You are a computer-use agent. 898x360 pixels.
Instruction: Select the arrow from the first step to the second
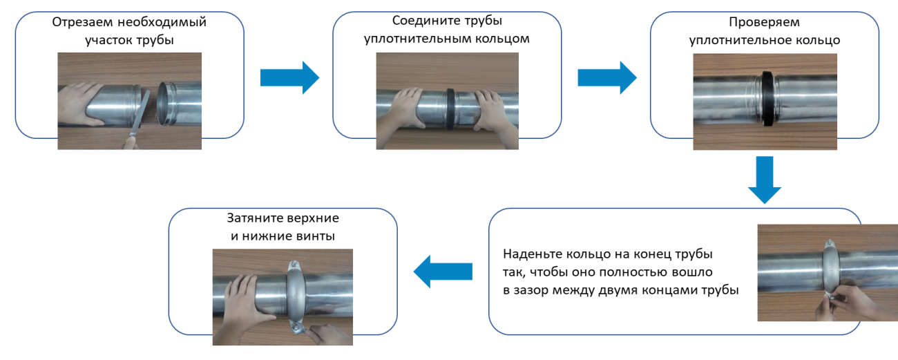(x=289, y=77)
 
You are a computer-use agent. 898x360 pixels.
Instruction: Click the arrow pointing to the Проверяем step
(x=606, y=77)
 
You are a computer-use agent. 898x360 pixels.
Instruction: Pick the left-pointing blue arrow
(x=442, y=272)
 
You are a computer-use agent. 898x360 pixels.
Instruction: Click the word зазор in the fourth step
(x=534, y=290)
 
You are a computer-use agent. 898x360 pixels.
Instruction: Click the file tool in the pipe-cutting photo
(x=138, y=117)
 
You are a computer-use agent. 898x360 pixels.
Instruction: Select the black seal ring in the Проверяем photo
(x=765, y=100)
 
